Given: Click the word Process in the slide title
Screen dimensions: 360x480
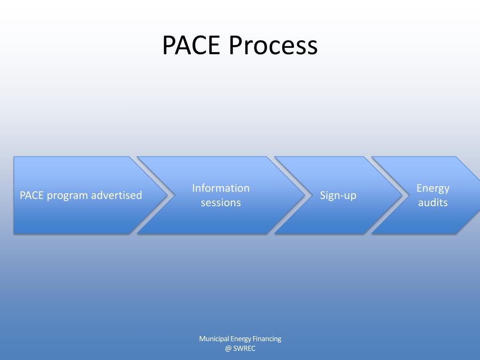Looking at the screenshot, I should [x=274, y=46].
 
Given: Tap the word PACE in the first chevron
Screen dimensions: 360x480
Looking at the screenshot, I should [x=31, y=195].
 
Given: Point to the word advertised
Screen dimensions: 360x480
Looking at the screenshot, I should [x=116, y=195].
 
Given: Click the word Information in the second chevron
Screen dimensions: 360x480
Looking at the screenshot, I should [x=221, y=188].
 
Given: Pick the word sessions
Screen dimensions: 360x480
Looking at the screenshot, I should [x=221, y=203].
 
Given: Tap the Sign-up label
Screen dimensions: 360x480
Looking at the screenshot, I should [x=338, y=195].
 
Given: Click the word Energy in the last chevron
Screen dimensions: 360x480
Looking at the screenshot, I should [x=433, y=188].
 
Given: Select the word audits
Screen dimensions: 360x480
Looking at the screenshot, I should [x=433, y=203].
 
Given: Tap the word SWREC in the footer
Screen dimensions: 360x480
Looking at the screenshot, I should [x=244, y=349].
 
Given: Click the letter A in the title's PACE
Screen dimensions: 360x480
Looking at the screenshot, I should [x=184, y=46].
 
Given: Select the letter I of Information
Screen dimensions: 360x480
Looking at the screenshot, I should [x=194, y=188].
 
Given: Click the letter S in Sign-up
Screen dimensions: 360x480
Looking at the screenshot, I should [x=323, y=195].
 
